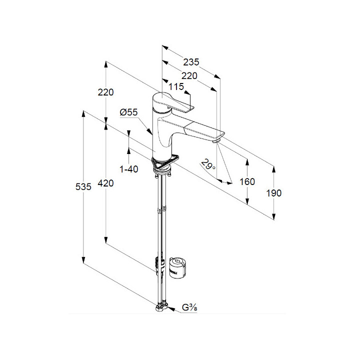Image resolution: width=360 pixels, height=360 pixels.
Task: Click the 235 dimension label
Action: click(191, 62)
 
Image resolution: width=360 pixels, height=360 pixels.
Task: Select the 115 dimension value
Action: click(176, 86)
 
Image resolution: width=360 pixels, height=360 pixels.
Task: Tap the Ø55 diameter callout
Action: click(128, 112)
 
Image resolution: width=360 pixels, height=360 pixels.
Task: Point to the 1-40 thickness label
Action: click(129, 169)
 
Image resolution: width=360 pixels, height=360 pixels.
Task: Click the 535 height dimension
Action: click(83, 186)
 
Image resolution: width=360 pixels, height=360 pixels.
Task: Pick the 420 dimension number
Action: click(105, 183)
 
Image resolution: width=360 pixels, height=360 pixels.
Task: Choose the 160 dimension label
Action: click(247, 181)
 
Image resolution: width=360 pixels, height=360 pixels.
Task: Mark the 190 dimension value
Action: click(273, 193)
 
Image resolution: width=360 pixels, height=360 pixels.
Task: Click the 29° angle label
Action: click(208, 164)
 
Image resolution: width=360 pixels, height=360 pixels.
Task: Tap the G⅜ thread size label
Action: click(189, 307)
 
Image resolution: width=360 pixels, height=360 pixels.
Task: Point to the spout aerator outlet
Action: click(216, 140)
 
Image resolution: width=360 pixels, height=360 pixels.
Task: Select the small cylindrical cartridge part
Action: click(177, 267)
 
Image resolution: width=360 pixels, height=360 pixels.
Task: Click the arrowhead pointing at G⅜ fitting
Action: click(171, 309)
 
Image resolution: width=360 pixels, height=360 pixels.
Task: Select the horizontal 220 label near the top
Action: click(189, 76)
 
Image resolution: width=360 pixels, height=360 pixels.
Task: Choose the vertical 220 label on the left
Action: click(105, 92)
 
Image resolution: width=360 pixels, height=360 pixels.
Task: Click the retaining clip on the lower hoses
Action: click(159, 266)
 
